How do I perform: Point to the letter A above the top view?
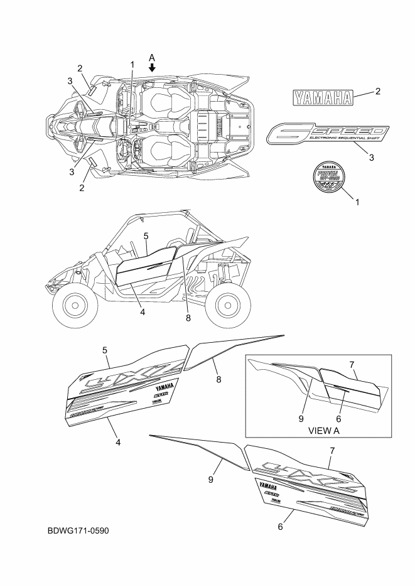point(152,57)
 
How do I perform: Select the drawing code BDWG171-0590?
point(78,531)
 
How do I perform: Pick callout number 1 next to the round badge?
point(358,202)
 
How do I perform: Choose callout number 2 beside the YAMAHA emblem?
point(378,92)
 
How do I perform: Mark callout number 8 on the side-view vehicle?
point(187,318)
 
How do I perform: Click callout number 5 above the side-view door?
point(146,236)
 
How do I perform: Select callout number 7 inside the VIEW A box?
point(352,365)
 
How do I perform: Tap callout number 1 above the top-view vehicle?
point(132,65)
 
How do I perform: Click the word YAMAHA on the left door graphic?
point(164,387)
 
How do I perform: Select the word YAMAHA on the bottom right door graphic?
point(267,484)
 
